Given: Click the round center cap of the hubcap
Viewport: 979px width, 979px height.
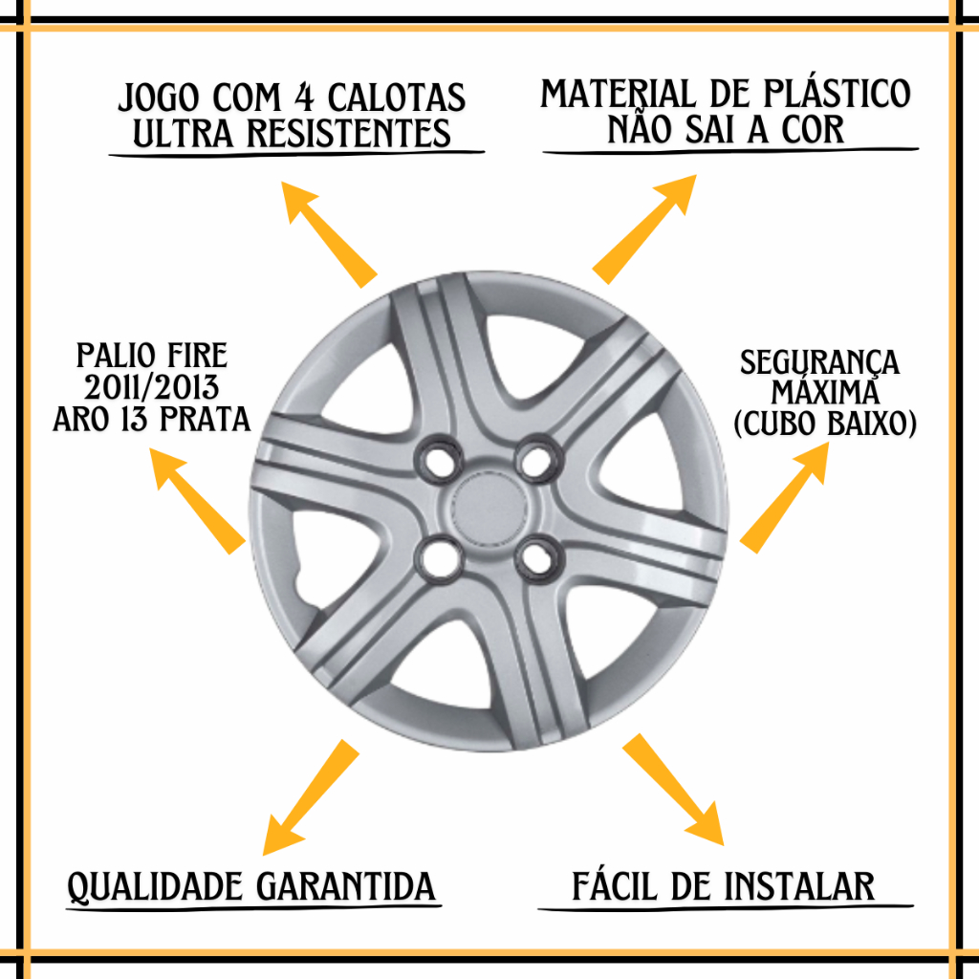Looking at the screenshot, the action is click(489, 508).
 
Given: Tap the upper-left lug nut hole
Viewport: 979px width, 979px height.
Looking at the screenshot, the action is click(439, 460).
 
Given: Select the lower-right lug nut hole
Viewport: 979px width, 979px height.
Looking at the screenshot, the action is click(538, 557).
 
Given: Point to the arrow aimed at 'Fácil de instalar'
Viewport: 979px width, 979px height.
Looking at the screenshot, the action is click(673, 790).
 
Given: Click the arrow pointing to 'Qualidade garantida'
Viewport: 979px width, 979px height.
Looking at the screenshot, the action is click(311, 797).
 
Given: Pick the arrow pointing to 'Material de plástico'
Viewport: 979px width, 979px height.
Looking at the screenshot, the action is click(643, 229).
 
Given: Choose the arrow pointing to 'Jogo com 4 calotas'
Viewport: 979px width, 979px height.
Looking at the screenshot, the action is click(329, 235).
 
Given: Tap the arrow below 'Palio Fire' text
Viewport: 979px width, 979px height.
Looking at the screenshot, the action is click(197, 501).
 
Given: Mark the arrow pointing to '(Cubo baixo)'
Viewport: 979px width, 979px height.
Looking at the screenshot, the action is click(784, 497).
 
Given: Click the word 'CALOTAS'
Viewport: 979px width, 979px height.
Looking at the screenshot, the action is click(397, 98).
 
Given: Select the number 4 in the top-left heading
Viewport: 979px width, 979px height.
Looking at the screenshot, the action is click(304, 98).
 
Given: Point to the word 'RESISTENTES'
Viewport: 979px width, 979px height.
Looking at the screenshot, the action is click(348, 134).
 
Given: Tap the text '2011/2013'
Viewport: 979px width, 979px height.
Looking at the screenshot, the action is click(152, 388).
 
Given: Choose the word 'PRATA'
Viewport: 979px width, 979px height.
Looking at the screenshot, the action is click(205, 419).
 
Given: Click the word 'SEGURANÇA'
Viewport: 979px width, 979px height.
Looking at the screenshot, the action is click(819, 363).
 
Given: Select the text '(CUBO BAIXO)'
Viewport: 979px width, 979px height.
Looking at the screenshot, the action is click(825, 424).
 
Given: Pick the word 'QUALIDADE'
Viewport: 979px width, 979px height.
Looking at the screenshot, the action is click(155, 887).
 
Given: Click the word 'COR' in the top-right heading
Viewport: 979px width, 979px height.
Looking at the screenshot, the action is click(813, 130).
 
